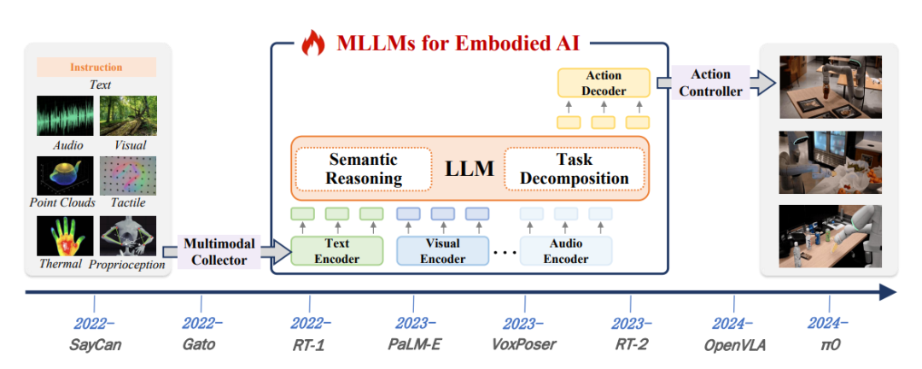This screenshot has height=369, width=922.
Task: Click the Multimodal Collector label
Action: click(x=219, y=252)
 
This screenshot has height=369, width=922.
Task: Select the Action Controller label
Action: click(x=710, y=83)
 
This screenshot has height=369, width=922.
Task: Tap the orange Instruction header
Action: click(x=96, y=67)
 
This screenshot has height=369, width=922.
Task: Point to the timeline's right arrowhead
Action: click(x=888, y=293)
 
